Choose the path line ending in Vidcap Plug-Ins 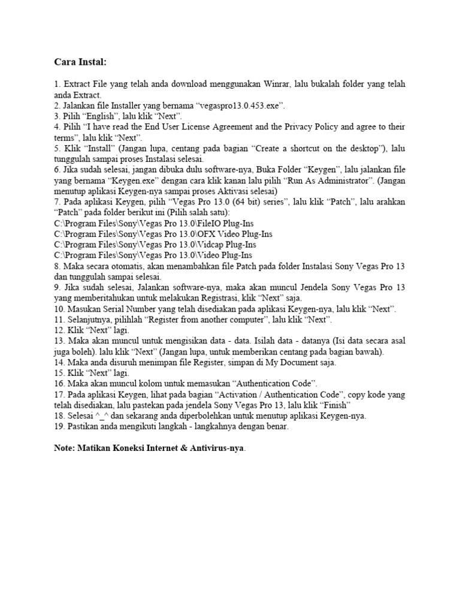[155, 245]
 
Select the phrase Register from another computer [215, 320]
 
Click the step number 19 [58, 426]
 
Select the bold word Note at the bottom [65, 448]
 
